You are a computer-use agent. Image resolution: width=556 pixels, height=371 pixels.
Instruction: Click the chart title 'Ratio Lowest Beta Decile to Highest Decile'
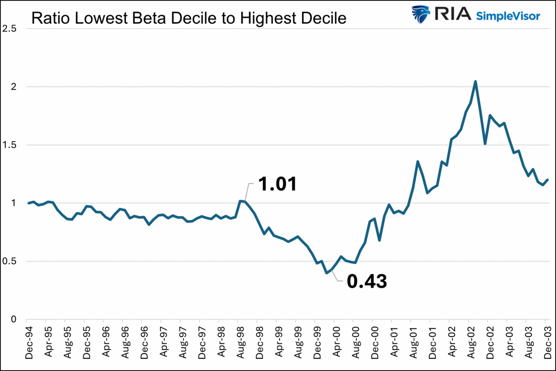pos(189,18)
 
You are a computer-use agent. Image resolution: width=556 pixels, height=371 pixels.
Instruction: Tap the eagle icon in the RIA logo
pos(421,15)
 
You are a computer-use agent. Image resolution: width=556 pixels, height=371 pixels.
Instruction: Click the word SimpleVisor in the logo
pos(508,16)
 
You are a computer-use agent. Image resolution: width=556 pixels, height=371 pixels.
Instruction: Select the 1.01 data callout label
pos(277,184)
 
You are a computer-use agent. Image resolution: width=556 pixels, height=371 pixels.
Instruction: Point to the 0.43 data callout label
pos(367,281)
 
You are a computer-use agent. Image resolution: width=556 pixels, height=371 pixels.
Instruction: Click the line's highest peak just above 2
pos(475,81)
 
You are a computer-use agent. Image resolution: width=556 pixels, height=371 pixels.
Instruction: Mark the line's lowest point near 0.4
pos(327,273)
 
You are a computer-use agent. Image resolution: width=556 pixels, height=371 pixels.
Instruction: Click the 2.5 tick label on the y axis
pos(9,29)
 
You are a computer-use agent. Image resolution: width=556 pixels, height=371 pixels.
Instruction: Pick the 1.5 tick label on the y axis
pos(9,145)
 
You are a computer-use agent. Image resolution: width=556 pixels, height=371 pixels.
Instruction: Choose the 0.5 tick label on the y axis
pos(9,261)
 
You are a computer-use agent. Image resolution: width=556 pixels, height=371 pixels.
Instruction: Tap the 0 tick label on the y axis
pos(13,319)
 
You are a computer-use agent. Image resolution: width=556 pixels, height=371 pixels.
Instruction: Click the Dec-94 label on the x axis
pos(29,342)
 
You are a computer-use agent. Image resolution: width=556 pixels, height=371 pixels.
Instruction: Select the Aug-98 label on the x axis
pos(240,342)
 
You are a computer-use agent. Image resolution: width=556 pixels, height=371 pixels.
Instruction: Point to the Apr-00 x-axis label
pos(336,342)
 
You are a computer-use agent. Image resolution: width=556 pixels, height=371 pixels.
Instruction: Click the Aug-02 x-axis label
pos(471,342)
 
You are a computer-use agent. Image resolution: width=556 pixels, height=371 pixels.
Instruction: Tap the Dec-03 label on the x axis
pos(548,342)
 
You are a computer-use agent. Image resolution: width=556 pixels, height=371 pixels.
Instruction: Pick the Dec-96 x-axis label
pos(144,342)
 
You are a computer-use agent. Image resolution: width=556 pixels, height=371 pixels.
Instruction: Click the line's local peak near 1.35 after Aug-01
pos(418,161)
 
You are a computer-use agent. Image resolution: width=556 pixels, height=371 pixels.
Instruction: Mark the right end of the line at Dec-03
pos(548,180)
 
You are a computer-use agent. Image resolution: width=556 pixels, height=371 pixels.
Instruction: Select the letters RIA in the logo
pos(453,14)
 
